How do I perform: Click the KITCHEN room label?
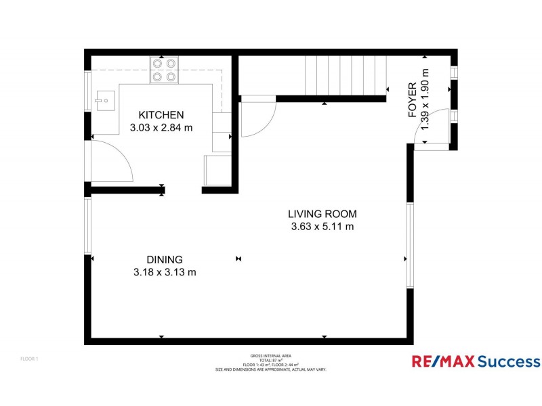point(161,114)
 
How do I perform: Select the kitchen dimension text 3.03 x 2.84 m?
point(161,127)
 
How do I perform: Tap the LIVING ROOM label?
point(322,214)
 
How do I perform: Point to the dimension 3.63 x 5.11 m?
point(322,227)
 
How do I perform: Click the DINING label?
point(165,259)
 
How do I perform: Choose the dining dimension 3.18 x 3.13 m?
point(165,272)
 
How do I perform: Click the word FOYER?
point(413,101)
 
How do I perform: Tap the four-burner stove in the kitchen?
point(164,70)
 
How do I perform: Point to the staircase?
point(343,76)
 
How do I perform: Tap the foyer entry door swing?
point(434,125)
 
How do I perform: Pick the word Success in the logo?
point(508,361)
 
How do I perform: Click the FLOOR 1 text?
point(28,359)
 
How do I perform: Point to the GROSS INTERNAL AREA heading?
point(270,355)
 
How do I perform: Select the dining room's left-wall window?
point(87,225)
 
